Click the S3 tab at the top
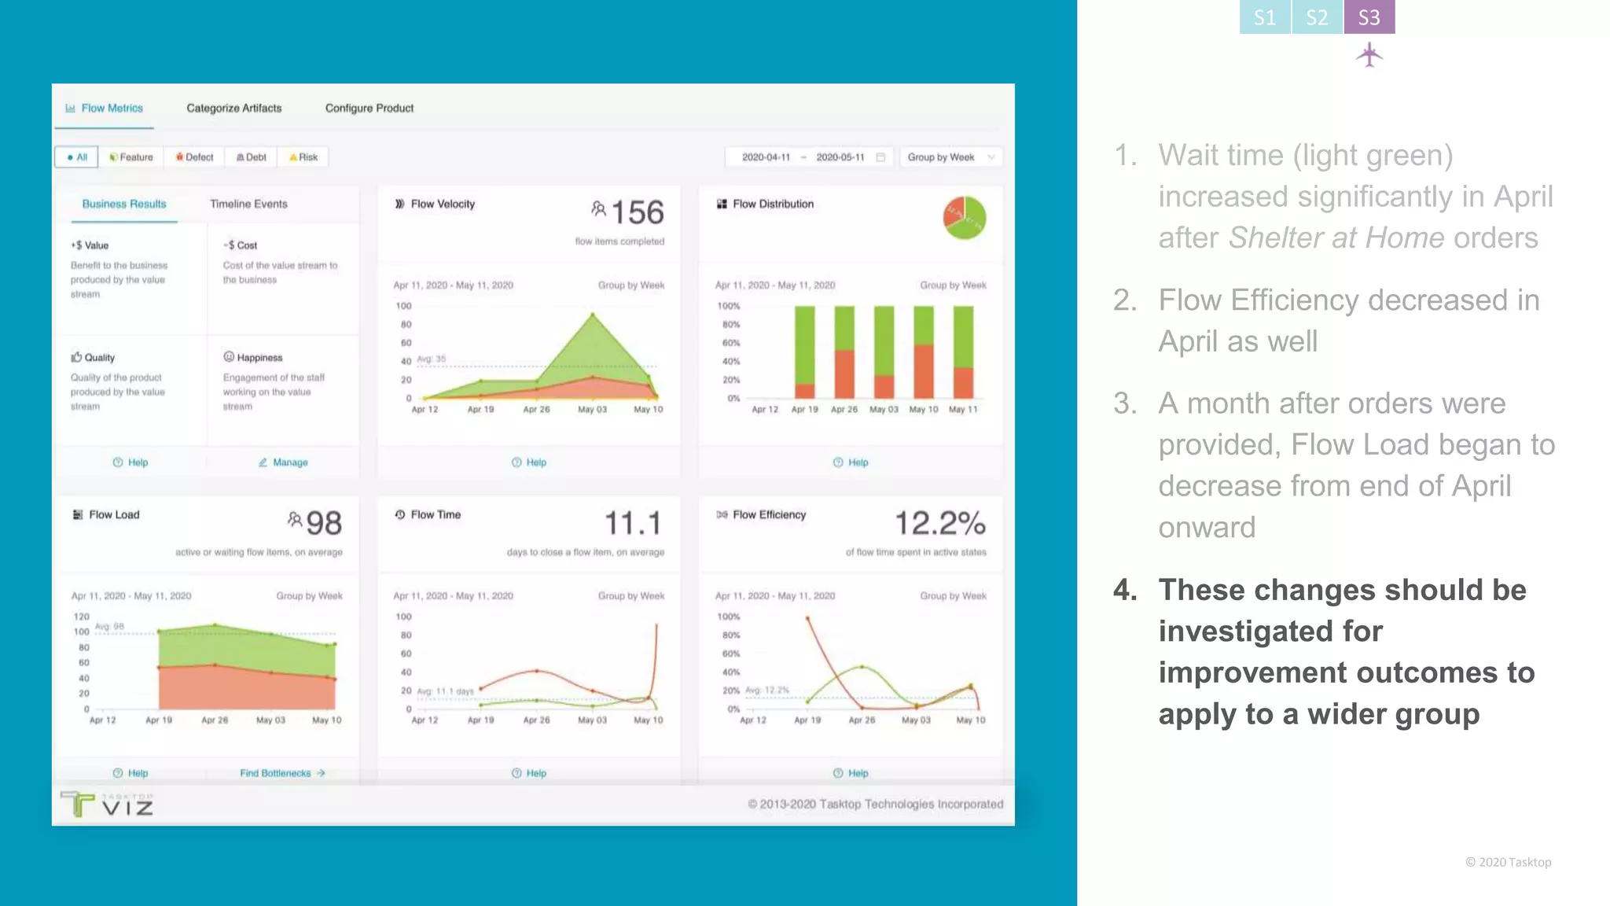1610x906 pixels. coord(1369,17)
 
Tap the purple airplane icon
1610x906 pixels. coord(1369,55)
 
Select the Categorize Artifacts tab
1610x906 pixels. coord(233,109)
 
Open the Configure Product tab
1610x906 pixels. coord(369,109)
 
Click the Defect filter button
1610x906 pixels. coord(194,157)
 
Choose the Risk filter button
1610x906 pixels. coord(303,157)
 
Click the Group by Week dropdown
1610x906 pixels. coord(950,157)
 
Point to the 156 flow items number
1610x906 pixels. coord(637,212)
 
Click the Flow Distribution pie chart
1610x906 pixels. coord(964,218)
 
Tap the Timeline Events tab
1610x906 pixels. coord(248,204)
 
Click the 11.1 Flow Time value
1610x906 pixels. coord(632,524)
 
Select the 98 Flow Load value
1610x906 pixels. coord(323,524)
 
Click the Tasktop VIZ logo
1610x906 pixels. coord(107,804)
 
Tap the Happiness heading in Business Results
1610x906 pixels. coord(259,358)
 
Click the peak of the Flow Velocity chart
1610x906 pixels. coord(593,315)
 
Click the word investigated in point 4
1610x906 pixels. coord(1270,632)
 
